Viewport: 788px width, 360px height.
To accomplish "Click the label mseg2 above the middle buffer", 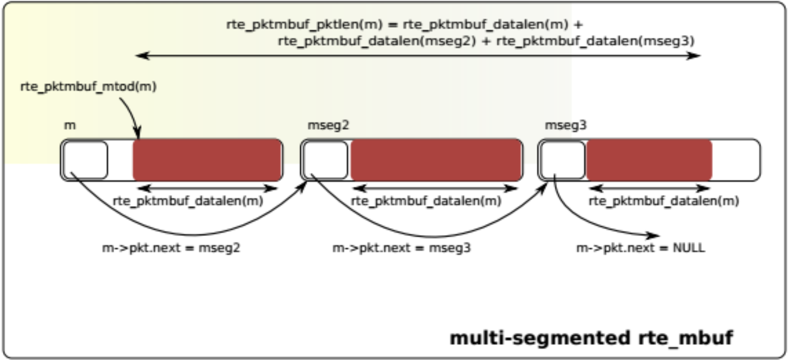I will [328, 125].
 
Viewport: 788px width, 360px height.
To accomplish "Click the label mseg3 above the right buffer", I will [566, 125].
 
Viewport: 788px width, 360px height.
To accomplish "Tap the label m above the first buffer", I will [70, 125].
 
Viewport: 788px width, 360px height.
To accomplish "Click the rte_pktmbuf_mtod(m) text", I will [88, 87].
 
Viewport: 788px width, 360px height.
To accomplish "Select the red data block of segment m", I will [207, 160].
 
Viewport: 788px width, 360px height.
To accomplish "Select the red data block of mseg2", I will [436, 160].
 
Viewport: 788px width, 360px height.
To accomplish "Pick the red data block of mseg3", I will [649, 160].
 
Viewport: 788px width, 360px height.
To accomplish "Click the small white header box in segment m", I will [86, 160].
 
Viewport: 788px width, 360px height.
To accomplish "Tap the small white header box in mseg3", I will [563, 160].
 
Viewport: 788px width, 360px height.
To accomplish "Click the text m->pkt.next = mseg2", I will [171, 248].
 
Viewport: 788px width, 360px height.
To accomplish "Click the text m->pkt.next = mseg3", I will [401, 248].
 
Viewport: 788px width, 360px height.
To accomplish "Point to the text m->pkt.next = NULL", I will [641, 248].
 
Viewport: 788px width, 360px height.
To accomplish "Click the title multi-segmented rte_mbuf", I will [591, 338].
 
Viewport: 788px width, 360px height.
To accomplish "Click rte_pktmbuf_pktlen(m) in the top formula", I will [304, 25].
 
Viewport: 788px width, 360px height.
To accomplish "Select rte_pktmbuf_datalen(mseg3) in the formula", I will [595, 41].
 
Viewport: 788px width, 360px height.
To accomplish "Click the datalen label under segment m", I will [188, 201].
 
